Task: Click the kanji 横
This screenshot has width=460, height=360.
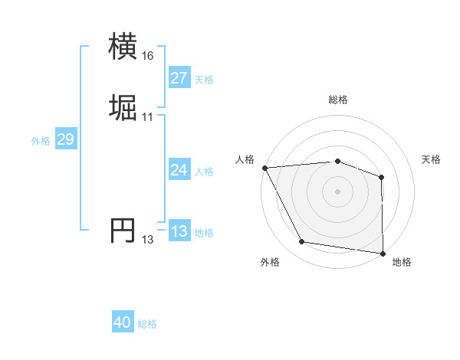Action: [123, 47]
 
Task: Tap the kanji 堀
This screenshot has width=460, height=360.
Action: [123, 108]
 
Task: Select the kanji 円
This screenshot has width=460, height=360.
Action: [123, 231]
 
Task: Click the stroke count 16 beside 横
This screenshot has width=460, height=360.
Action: [148, 56]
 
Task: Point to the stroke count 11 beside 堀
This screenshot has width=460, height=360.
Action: [148, 117]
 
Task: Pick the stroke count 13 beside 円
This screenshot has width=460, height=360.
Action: [148, 240]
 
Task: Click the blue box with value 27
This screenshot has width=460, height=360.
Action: [179, 78]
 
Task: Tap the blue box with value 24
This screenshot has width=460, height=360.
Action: [179, 170]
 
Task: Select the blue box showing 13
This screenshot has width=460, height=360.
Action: [179, 231]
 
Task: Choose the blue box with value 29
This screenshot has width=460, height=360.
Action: [65, 139]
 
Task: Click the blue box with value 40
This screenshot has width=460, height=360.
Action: [123, 323]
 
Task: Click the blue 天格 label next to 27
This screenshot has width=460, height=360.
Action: [204, 80]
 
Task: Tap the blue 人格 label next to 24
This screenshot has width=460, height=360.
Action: [204, 172]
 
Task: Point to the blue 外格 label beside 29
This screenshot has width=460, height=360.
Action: [40, 141]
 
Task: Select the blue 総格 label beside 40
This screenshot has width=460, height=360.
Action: [148, 325]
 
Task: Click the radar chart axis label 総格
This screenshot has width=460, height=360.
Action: [337, 100]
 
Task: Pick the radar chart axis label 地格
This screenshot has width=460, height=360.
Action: [402, 262]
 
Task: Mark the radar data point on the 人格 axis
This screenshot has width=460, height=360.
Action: [264, 167]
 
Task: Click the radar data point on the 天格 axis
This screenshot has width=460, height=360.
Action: [382, 177]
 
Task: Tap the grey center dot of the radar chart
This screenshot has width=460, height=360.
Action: [337, 191]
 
